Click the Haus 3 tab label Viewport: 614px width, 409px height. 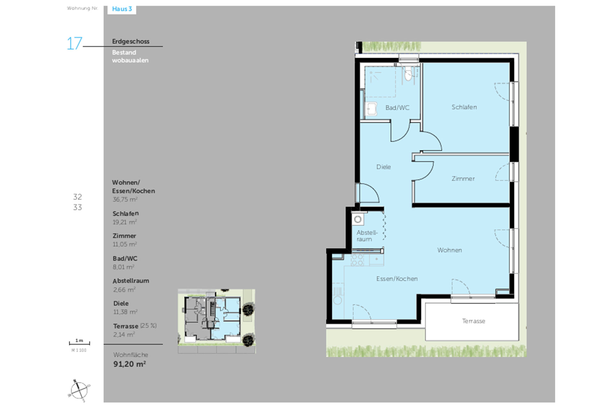pyautogui.click(x=122, y=9)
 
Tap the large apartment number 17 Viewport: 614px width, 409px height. pyautogui.click(x=74, y=43)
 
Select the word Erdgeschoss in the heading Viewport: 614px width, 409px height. pyautogui.click(x=130, y=41)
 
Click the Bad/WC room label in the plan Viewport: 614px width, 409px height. pyautogui.click(x=397, y=108)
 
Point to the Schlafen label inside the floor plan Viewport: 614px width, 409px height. pyautogui.click(x=464, y=107)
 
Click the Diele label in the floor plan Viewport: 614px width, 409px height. pyautogui.click(x=383, y=167)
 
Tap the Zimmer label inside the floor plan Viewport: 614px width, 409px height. pyautogui.click(x=463, y=179)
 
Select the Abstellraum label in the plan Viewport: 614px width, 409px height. pyautogui.click(x=367, y=236)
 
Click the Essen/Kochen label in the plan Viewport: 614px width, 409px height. pyautogui.click(x=397, y=279)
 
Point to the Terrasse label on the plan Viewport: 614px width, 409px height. pyautogui.click(x=474, y=321)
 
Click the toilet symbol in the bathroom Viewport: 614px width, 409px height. pyautogui.click(x=408, y=74)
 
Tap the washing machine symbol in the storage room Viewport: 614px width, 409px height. pyautogui.click(x=358, y=220)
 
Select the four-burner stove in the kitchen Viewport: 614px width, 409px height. pyautogui.click(x=357, y=260)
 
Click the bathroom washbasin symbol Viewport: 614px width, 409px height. pyautogui.click(x=371, y=109)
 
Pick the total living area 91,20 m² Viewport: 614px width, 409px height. pyautogui.click(x=130, y=364)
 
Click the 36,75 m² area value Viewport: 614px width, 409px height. pyautogui.click(x=125, y=199)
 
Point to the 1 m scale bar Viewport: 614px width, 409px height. pyautogui.click(x=79, y=343)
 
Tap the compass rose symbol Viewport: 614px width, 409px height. pyautogui.click(x=79, y=390)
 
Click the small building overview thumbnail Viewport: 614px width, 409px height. pyautogui.click(x=216, y=321)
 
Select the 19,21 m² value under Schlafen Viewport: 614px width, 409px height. pyautogui.click(x=125, y=222)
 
